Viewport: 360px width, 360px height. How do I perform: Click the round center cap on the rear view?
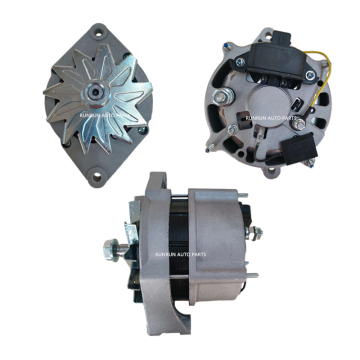click(x=265, y=107)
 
